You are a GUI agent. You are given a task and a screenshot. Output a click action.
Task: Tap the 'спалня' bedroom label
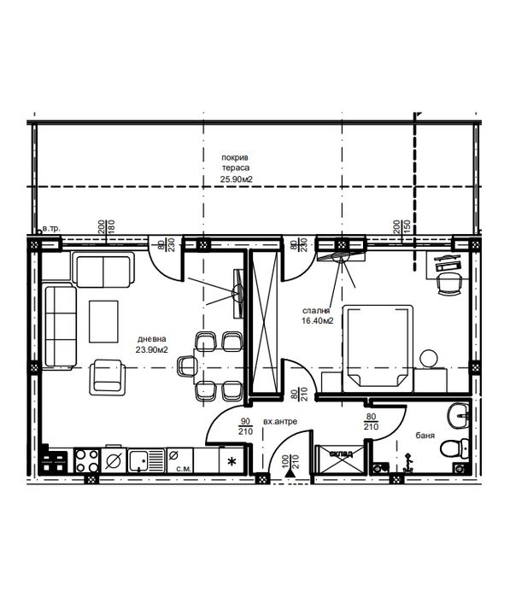click(316, 312)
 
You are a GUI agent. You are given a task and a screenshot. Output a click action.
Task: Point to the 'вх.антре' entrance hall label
click(281, 422)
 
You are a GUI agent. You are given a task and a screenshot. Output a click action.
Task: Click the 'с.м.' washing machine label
click(181, 468)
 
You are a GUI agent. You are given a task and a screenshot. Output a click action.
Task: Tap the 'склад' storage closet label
click(341, 454)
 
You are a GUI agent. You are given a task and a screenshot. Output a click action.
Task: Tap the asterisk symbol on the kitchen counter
click(232, 461)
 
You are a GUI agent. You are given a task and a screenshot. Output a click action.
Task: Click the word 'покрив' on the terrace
click(233, 158)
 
